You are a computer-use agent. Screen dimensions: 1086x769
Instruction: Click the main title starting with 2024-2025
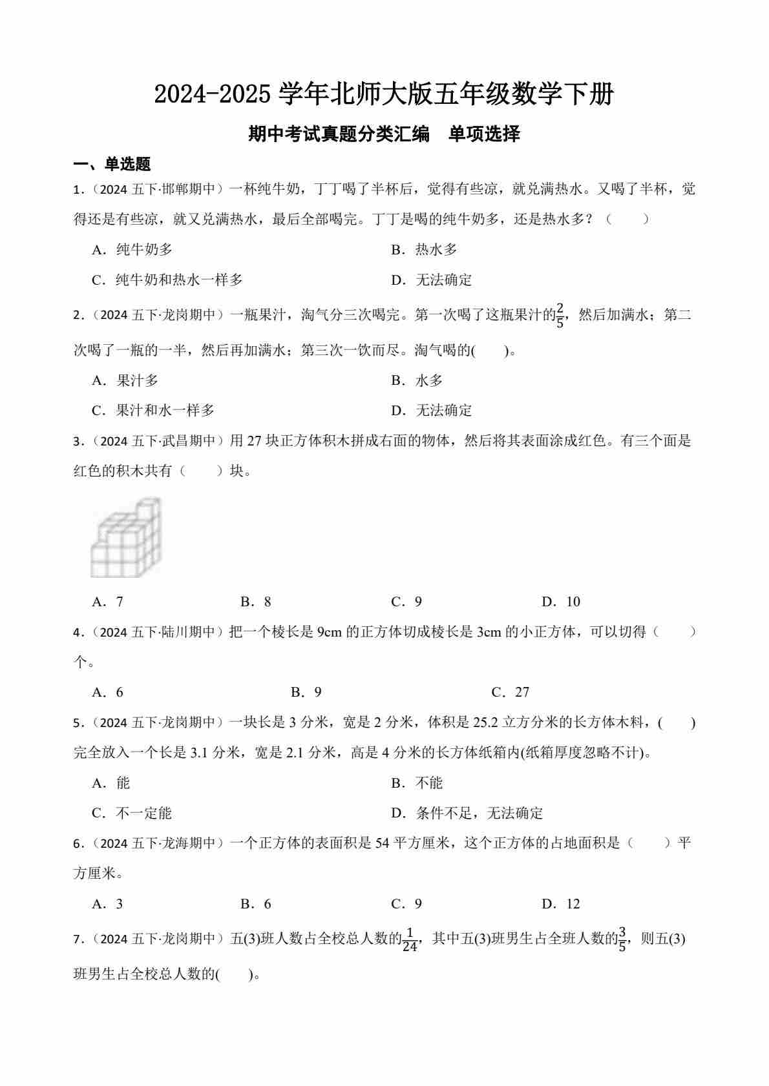coord(384,95)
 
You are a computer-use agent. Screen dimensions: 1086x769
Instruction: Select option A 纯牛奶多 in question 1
coord(132,250)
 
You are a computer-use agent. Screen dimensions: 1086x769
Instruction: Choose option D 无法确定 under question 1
coord(432,280)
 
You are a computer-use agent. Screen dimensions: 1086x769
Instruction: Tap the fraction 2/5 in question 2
coord(560,316)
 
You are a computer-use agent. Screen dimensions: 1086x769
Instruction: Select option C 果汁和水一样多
coord(153,411)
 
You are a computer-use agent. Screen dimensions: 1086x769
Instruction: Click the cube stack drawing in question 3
coord(126,537)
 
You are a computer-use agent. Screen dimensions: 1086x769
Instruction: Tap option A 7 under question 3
coord(108,602)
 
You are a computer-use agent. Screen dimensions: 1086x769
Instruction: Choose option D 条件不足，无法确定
coord(467,814)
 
